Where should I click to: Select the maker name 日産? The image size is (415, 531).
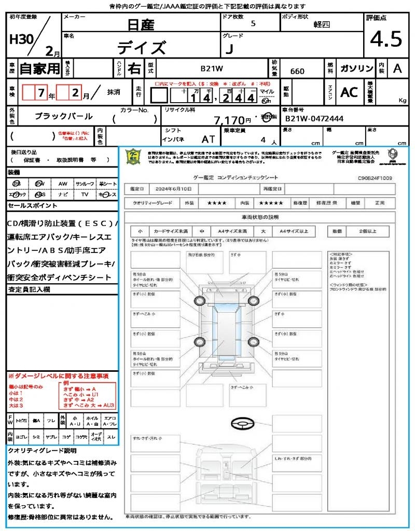pos(141,24)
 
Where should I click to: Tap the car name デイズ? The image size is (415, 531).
pos(141,48)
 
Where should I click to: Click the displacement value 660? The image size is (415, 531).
pos(297,71)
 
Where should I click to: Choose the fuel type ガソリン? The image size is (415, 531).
pos(356,68)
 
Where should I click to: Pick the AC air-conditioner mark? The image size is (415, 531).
pos(349,92)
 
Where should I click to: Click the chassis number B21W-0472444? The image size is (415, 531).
pos(315,119)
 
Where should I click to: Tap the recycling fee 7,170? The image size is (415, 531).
pos(229,120)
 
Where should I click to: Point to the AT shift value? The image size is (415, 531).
pos(209,139)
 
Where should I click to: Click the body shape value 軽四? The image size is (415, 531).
pos(322,24)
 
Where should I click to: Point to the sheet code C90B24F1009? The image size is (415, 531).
pos(375,178)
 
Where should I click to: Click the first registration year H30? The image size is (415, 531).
pos(19,40)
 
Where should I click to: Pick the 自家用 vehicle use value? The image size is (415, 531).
pos(39,68)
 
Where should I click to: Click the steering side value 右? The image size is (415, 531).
pos(134,68)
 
